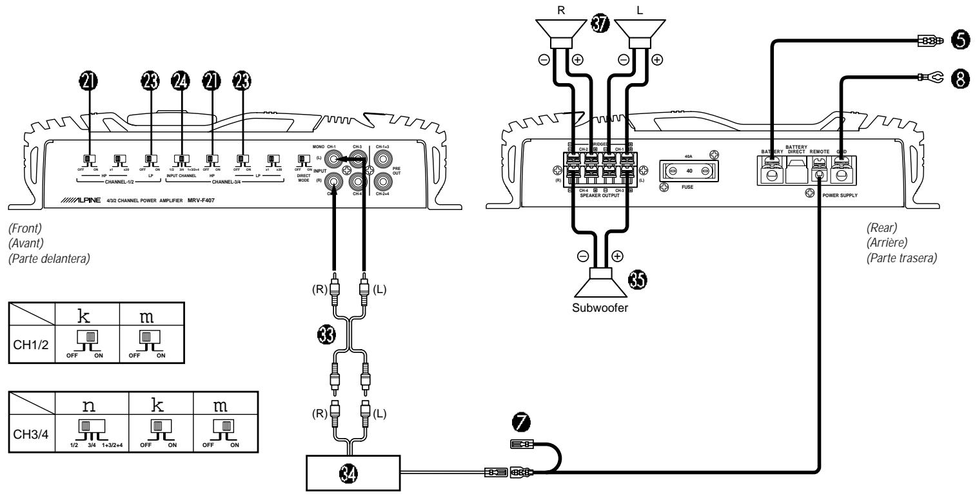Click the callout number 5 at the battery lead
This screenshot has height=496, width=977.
[x=960, y=41]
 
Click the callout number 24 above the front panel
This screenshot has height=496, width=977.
[x=181, y=79]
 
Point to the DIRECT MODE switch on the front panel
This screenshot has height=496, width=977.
[x=301, y=159]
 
